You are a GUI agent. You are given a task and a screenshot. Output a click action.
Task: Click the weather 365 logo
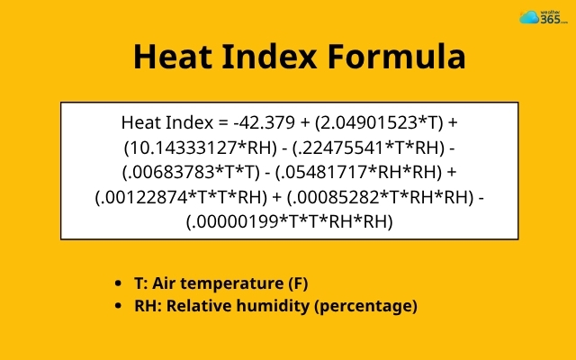coord(539,18)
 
